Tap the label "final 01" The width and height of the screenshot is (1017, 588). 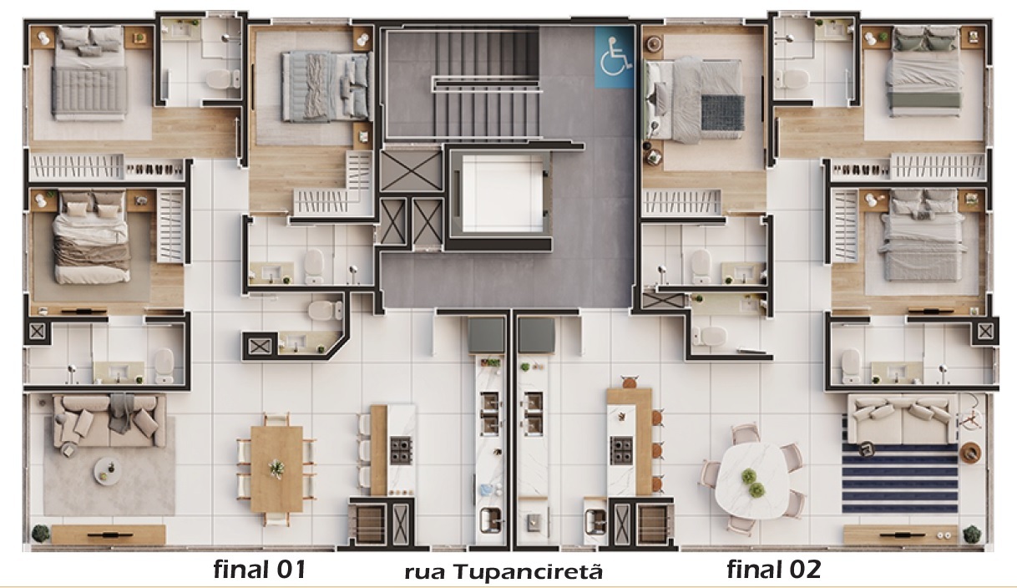point(260,570)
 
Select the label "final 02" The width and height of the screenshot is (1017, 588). point(774,570)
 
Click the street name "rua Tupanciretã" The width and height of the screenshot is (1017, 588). point(503,573)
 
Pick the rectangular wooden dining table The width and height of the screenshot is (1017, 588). point(276,469)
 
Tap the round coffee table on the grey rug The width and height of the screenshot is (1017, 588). point(107,469)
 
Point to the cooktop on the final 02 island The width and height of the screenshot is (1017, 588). point(622,450)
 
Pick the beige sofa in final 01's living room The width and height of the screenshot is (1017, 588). point(106,419)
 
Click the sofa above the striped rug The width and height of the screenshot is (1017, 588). point(900,418)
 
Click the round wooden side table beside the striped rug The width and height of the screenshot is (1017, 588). point(971,452)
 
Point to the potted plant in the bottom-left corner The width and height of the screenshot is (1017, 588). point(39,533)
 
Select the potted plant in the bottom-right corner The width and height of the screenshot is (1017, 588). point(971,533)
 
